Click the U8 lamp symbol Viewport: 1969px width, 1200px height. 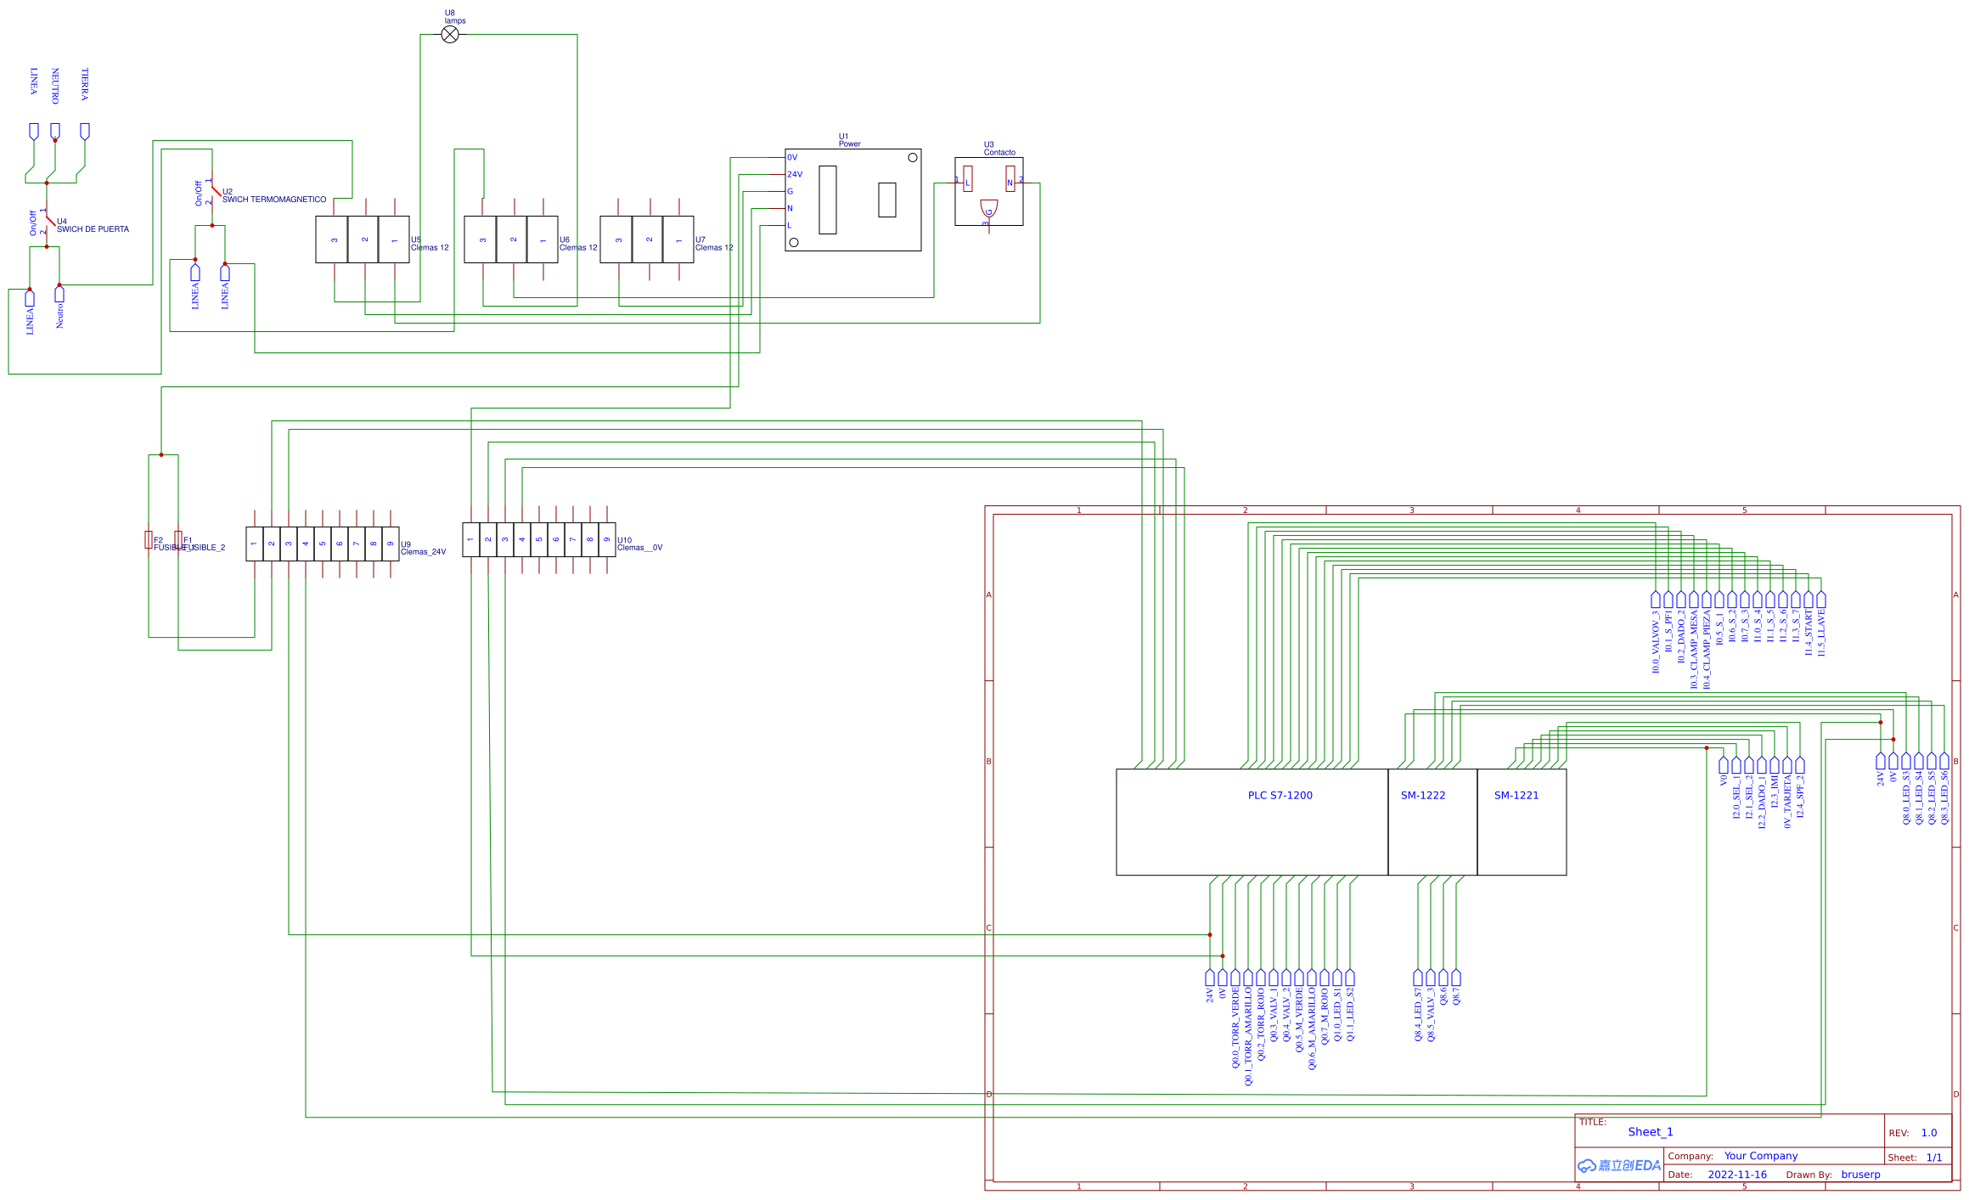click(450, 34)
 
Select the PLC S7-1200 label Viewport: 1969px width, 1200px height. click(1280, 796)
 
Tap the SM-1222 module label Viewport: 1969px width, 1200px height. click(1423, 796)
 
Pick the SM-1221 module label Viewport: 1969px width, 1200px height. click(1516, 796)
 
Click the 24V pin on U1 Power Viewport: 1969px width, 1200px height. click(794, 174)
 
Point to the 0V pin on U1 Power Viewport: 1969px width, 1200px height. click(792, 157)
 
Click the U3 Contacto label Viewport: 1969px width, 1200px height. click(999, 149)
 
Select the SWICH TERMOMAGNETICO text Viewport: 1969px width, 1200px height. click(274, 200)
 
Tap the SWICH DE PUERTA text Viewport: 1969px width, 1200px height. click(93, 229)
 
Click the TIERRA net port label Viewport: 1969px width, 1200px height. click(85, 85)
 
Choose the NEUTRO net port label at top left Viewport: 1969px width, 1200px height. click(55, 87)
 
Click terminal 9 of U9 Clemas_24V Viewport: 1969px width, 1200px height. click(391, 544)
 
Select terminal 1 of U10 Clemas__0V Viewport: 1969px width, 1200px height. click(470, 539)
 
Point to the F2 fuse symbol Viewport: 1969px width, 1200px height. click(149, 539)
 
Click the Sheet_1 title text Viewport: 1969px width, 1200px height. click(1650, 1132)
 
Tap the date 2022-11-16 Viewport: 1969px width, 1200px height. click(1736, 1175)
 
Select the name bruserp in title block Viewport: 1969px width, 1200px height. click(1860, 1175)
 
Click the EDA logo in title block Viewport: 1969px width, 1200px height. click(1619, 1165)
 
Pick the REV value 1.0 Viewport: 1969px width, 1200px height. click(1929, 1133)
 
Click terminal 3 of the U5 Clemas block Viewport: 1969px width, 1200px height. click(335, 239)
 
